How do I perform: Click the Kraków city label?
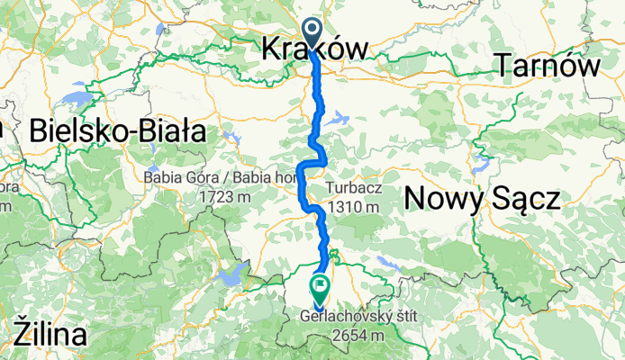point(314,50)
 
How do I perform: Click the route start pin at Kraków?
point(312,32)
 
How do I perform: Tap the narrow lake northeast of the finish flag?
point(390,264)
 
